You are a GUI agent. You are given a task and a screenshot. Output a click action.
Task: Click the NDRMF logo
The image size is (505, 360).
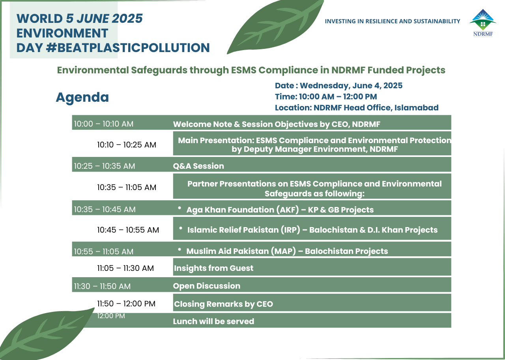tap(483, 23)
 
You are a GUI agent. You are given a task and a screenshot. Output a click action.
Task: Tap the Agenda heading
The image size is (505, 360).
tap(82, 97)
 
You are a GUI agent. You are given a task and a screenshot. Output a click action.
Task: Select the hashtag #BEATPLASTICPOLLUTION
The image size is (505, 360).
tap(128, 48)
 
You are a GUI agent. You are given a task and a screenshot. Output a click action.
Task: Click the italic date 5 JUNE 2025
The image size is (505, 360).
tap(104, 19)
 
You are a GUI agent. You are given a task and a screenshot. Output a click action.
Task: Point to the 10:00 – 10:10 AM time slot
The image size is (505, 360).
tap(104, 124)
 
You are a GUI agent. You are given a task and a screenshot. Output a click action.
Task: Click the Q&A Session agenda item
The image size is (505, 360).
tap(198, 166)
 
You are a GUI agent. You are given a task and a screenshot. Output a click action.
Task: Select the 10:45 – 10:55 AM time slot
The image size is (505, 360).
tap(128, 230)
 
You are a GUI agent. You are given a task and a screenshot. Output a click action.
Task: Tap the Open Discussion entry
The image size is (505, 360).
tap(206, 286)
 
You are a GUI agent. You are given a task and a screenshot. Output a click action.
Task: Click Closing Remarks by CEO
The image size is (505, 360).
tap(223, 304)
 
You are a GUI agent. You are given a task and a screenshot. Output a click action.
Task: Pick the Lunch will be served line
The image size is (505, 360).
tap(213, 321)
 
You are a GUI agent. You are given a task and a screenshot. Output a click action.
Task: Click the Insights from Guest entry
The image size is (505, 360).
tap(213, 268)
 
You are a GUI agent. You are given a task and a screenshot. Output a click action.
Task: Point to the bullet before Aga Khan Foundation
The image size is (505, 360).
tap(180, 208)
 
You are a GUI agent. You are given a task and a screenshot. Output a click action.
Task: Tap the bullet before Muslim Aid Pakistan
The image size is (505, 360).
tap(180, 249)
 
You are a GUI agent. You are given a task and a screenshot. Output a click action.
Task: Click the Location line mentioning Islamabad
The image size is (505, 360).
tap(357, 108)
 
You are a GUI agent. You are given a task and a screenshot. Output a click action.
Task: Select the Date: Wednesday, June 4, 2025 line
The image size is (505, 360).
tap(339, 86)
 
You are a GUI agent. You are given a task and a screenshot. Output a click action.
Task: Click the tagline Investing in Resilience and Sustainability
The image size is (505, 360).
tap(393, 21)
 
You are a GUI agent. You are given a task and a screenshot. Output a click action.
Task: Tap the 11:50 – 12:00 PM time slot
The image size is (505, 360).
tap(126, 304)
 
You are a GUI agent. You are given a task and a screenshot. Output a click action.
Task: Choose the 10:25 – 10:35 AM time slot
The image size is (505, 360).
tap(105, 166)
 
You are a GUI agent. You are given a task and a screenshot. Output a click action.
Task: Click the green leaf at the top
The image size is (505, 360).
tap(275, 27)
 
